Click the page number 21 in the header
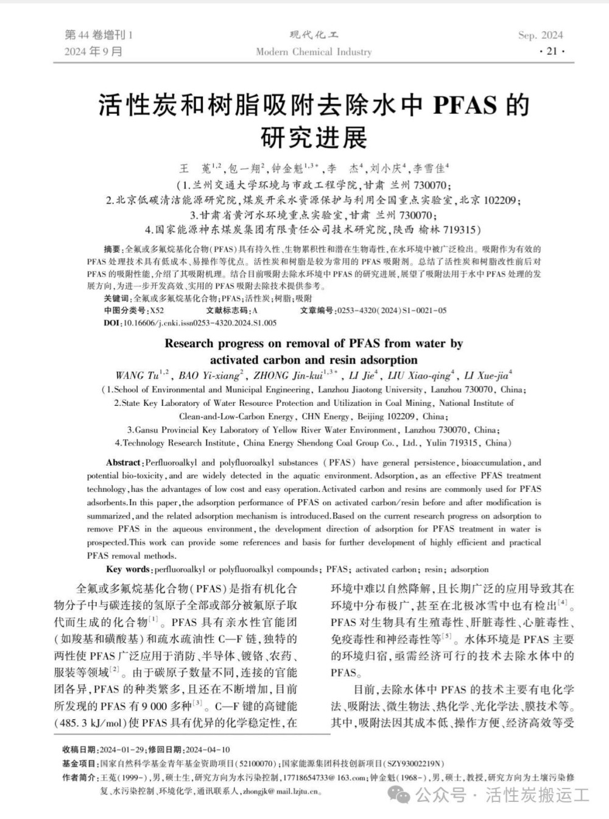point(552,51)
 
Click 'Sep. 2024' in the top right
point(540,35)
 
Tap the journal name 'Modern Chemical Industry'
point(314,52)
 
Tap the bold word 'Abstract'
point(123,463)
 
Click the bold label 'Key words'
point(128,570)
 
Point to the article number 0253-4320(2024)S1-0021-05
point(392,311)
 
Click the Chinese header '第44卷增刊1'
point(98,35)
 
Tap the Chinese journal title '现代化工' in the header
point(314,35)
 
